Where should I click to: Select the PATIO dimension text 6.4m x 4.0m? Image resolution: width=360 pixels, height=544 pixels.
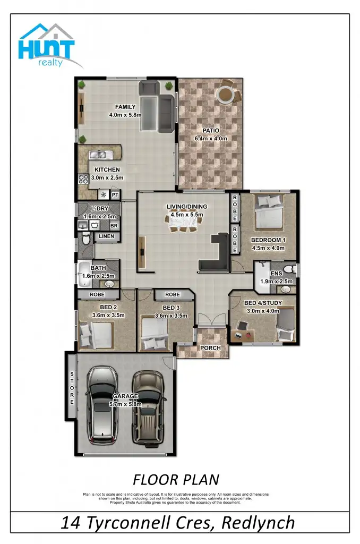pyautogui.click(x=210, y=138)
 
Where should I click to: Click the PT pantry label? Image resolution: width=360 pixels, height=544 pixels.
pyautogui.click(x=114, y=195)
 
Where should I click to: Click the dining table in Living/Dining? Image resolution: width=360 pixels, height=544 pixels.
pyautogui.click(x=185, y=220)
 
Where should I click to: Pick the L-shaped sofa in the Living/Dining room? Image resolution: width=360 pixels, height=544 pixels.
pyautogui.click(x=218, y=255)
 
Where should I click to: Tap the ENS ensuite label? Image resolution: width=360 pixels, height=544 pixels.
pyautogui.click(x=276, y=274)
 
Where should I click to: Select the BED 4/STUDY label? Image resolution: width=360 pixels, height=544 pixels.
pyautogui.click(x=262, y=303)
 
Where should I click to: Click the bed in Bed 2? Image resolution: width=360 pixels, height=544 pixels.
pyautogui.click(x=96, y=335)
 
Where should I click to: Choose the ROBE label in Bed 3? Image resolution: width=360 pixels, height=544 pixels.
pyautogui.click(x=172, y=294)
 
